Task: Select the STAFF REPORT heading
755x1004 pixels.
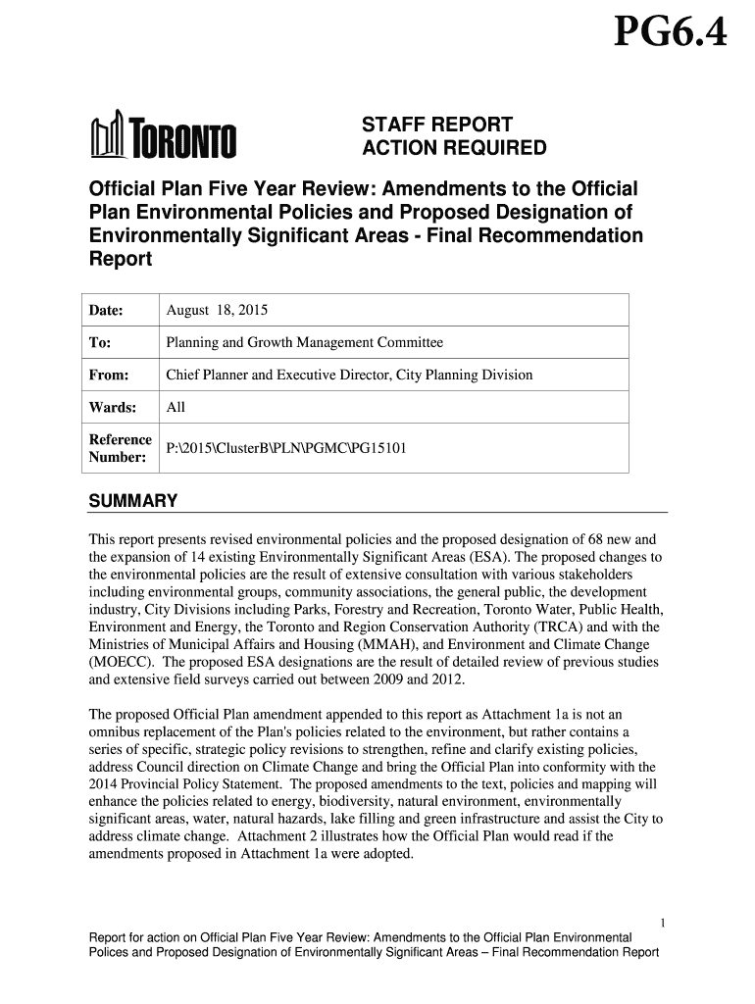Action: click(437, 125)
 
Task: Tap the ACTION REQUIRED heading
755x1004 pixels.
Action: click(455, 149)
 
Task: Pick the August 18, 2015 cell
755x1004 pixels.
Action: click(217, 311)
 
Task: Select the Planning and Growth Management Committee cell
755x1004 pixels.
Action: click(305, 343)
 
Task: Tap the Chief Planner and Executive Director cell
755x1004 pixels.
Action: click(349, 375)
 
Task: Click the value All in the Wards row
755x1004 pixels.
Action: click(176, 407)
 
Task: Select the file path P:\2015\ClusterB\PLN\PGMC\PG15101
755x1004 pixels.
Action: click(286, 449)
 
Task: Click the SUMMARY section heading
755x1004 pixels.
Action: click(133, 502)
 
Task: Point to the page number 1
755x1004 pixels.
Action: click(663, 923)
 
